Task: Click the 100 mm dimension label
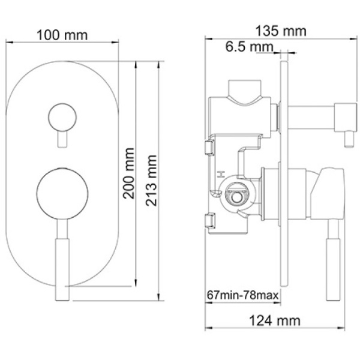click(x=62, y=35)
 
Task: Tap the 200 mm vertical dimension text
click(x=128, y=173)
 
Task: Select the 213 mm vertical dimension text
click(x=151, y=181)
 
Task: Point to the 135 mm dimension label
click(x=281, y=31)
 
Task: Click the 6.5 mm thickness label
click(x=250, y=47)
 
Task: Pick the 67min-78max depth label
click(x=243, y=295)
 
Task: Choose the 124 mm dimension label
click(x=275, y=320)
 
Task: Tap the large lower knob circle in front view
click(x=62, y=194)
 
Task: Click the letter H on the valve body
click(x=221, y=175)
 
